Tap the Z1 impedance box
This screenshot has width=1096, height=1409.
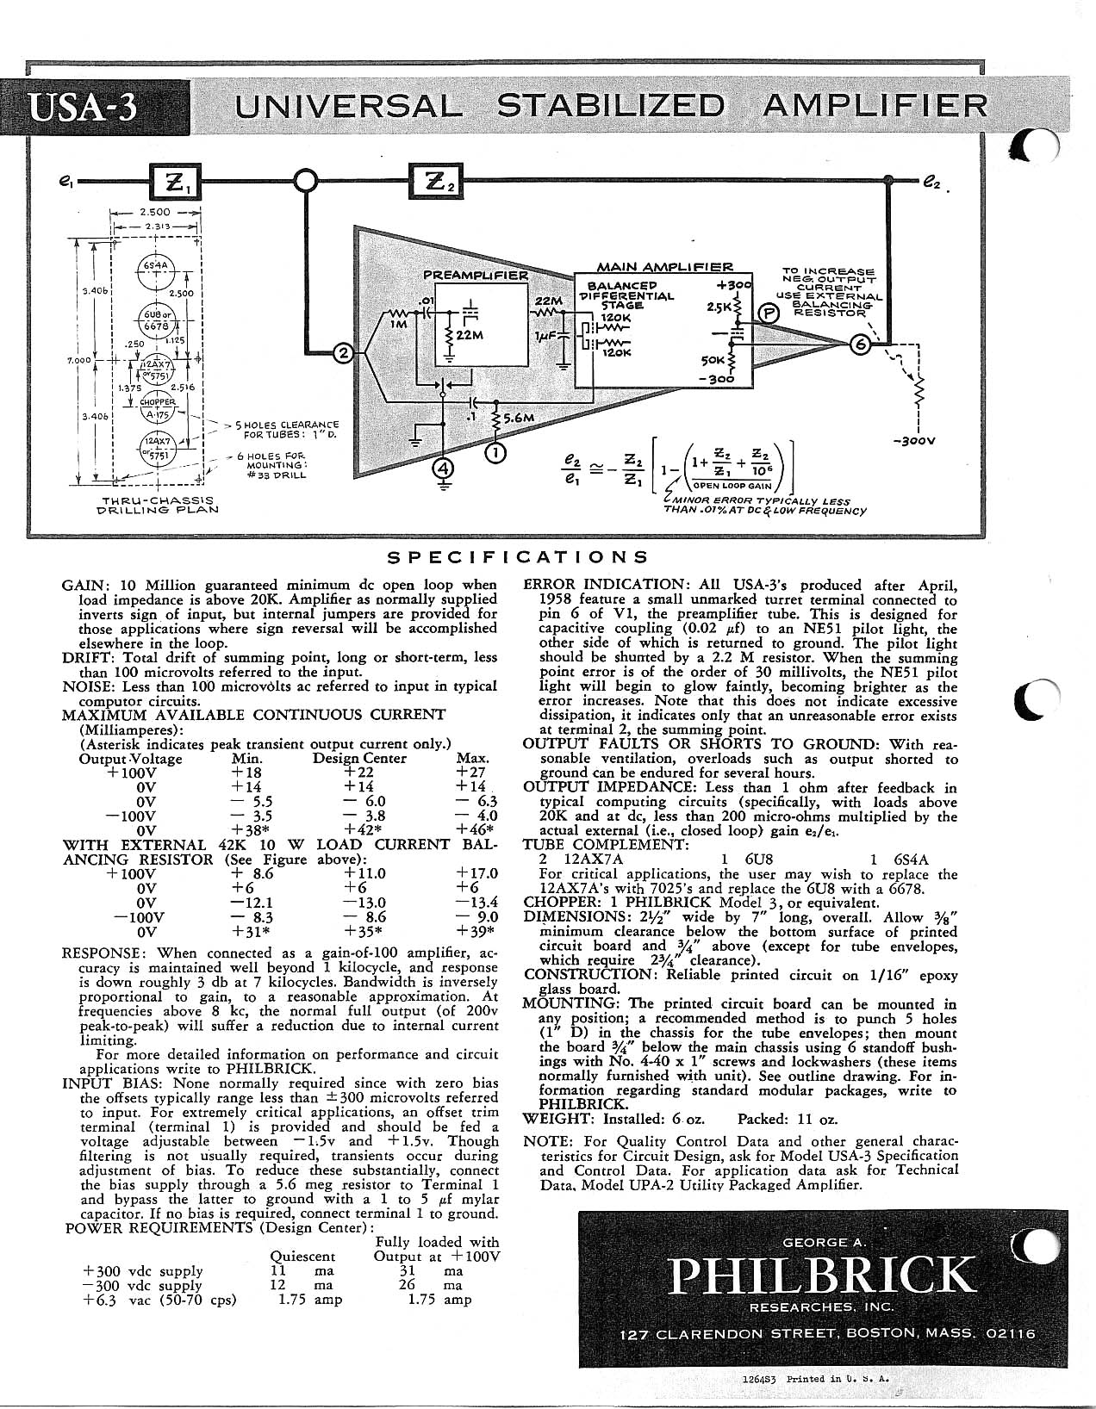click(x=176, y=182)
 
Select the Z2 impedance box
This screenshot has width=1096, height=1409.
click(x=434, y=182)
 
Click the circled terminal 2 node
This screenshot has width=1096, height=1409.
click(x=343, y=353)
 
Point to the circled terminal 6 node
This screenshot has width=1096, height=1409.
click(x=859, y=343)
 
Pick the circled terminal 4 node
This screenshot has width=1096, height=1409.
click(x=443, y=469)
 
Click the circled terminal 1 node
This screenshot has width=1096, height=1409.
click(x=497, y=450)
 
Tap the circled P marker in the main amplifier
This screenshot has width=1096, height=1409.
click(x=766, y=314)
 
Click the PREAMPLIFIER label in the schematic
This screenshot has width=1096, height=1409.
click(x=475, y=276)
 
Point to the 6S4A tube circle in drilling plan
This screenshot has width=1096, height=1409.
click(x=156, y=266)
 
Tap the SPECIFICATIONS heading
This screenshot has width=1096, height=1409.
click(x=518, y=557)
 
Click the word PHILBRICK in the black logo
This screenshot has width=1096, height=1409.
click(x=823, y=1276)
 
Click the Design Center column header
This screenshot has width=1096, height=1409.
click(x=359, y=759)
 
